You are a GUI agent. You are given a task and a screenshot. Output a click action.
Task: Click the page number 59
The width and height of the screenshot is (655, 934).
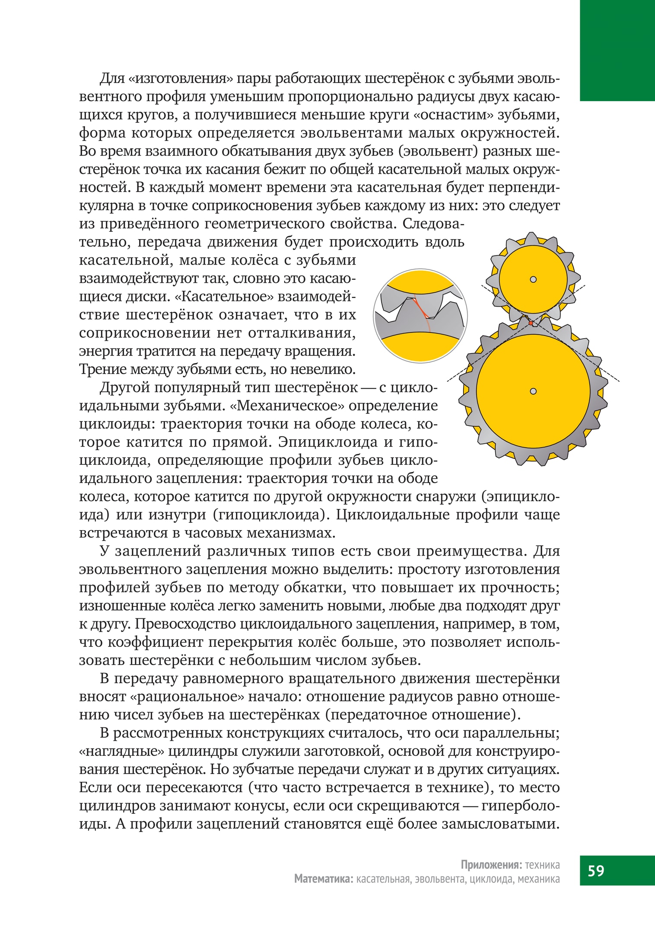pos(596,870)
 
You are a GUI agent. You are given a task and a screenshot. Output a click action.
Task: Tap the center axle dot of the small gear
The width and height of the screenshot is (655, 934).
pos(533,279)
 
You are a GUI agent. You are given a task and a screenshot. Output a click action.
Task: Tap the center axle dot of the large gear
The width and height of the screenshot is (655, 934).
pos(533,391)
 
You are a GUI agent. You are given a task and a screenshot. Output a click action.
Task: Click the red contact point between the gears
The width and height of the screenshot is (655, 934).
pos(531,323)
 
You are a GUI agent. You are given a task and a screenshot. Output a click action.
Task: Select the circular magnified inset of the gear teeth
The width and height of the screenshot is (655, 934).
pos(420,316)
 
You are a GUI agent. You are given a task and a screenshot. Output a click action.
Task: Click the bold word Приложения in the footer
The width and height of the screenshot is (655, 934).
pos(491,865)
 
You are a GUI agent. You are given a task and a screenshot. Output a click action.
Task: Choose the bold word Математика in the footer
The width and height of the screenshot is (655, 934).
pos(324,879)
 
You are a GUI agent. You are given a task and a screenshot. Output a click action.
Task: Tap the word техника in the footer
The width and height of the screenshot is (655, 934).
pos(542,865)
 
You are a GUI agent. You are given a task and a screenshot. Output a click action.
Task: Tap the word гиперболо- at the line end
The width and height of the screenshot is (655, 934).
pos(521,805)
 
